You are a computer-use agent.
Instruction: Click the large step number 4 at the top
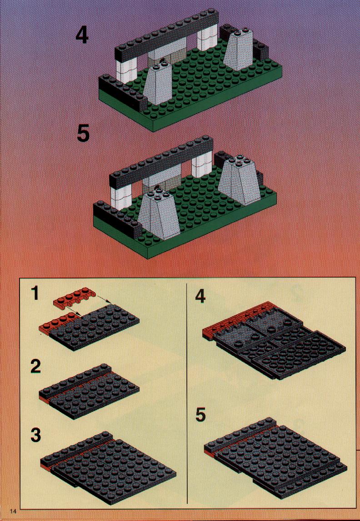click(x=82, y=35)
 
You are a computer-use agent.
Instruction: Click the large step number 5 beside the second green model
click(x=83, y=134)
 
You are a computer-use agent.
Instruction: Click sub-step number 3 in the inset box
click(x=35, y=435)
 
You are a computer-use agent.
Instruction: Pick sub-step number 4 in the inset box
click(x=200, y=296)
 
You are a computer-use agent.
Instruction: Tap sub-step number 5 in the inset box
click(x=200, y=415)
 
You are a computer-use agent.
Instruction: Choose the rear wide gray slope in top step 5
click(x=240, y=179)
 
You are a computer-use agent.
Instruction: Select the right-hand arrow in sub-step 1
click(x=103, y=299)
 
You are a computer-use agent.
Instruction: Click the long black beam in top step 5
click(x=161, y=161)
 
